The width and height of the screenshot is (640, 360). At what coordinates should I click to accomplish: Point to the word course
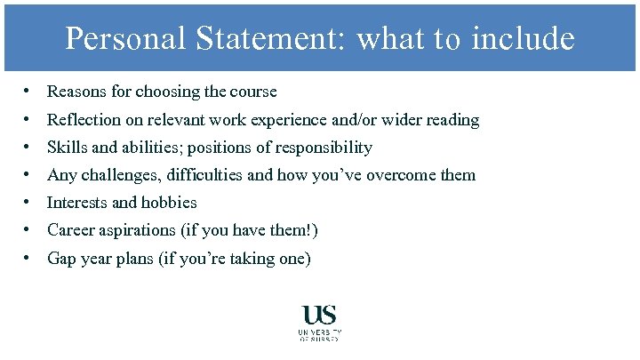[253, 92]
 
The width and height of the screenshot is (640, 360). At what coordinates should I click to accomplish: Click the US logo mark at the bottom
[320, 315]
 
